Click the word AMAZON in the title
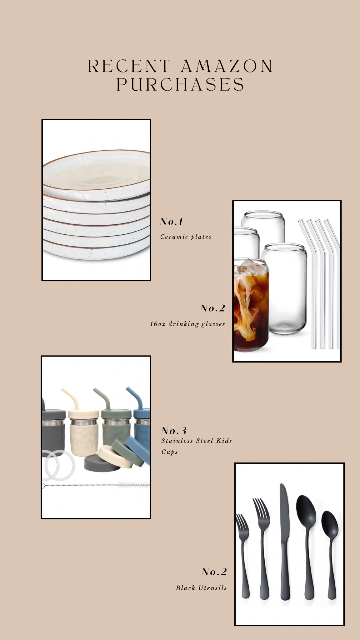click(227, 66)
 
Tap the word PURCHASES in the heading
click(180, 84)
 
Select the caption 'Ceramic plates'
click(186, 237)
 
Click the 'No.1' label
click(171, 222)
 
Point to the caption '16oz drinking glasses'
click(187, 324)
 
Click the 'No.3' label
click(174, 431)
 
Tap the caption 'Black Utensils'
click(201, 588)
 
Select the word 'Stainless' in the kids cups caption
click(177, 441)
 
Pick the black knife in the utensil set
click(284, 542)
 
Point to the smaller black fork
click(243, 556)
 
